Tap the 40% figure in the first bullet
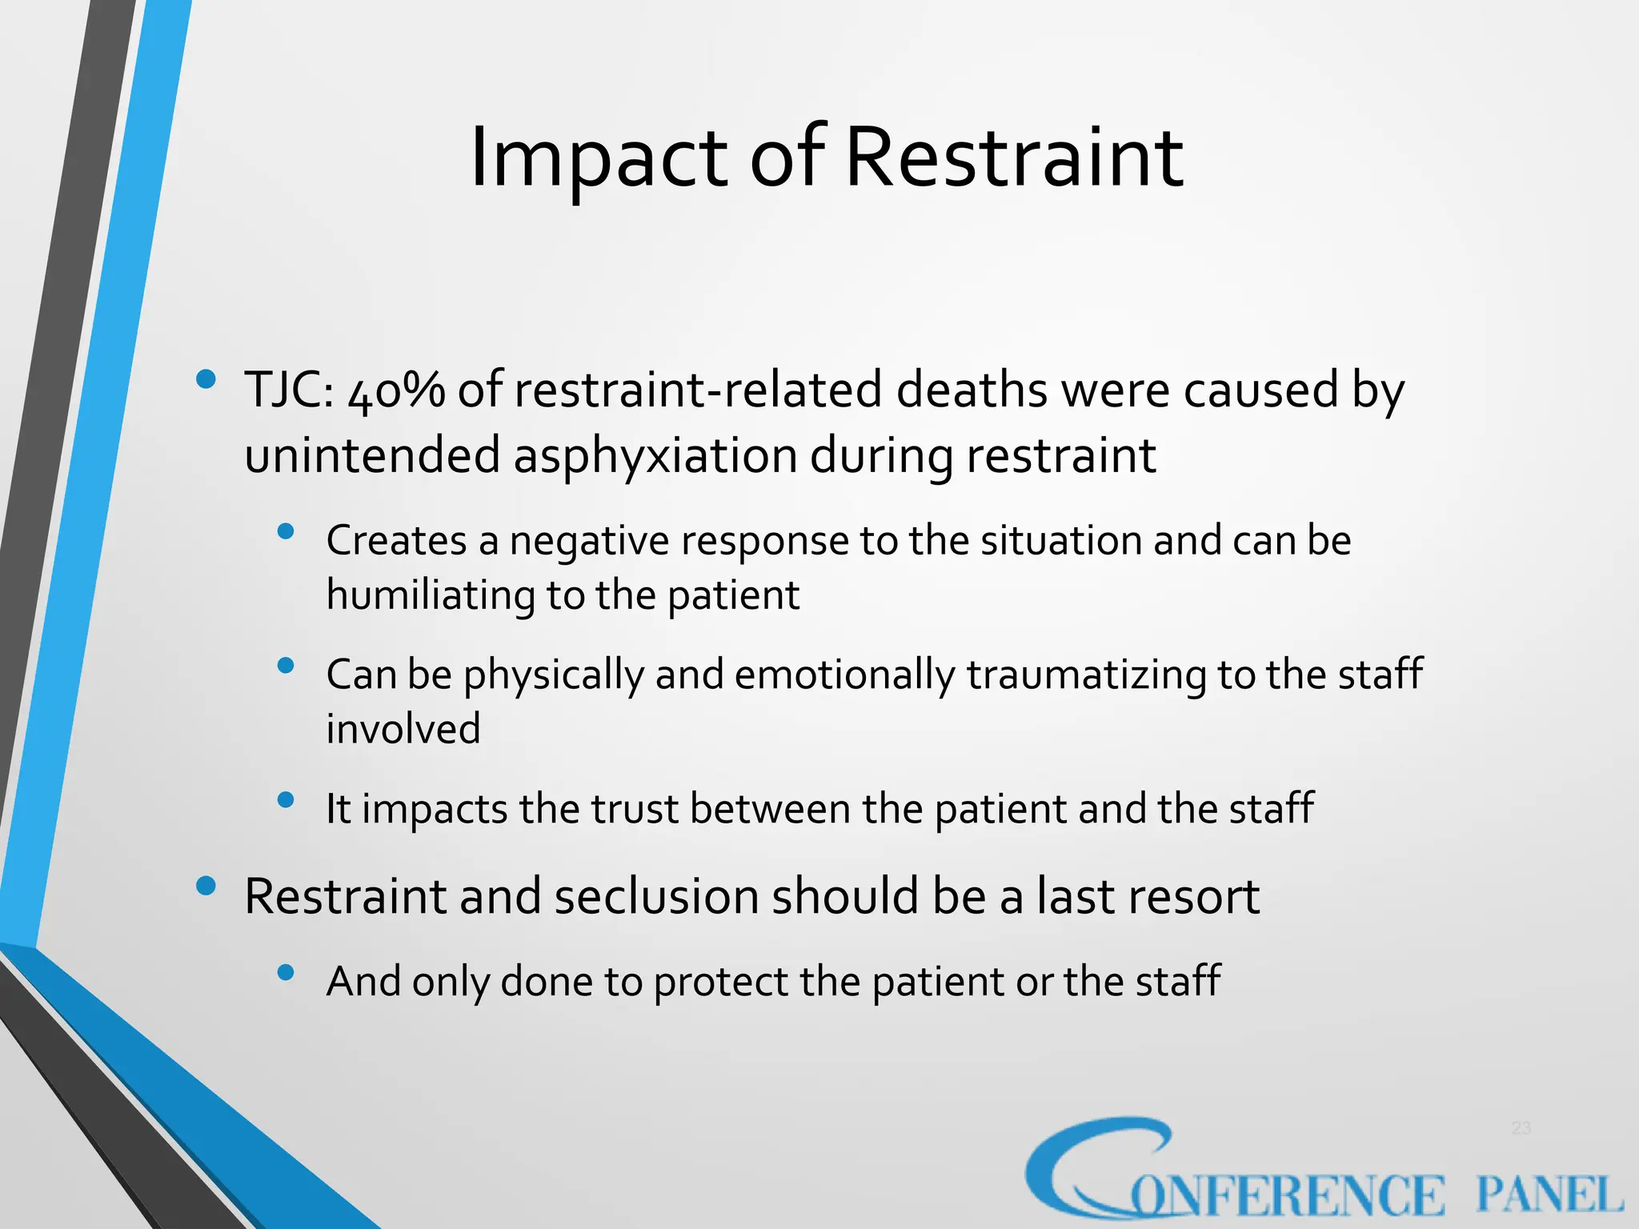(395, 392)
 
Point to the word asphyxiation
(655, 456)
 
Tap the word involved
(403, 729)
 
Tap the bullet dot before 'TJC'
(206, 378)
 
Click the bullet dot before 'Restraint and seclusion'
(206, 885)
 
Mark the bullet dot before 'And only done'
(286, 972)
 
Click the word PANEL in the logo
(1549, 1195)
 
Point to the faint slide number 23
(1521, 1128)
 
